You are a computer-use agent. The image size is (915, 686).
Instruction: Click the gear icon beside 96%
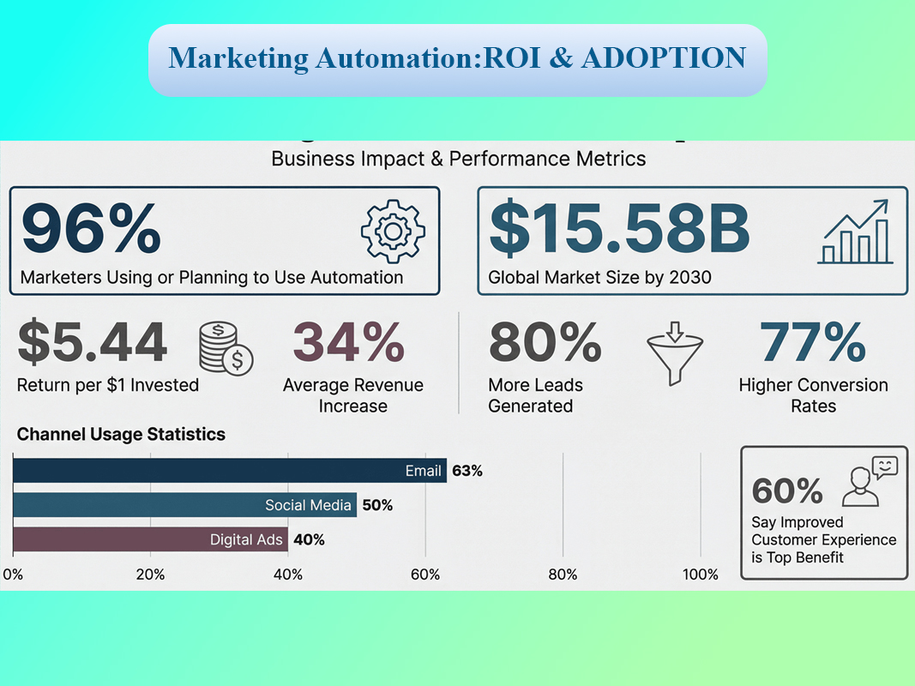[393, 232]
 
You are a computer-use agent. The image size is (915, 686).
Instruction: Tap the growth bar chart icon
[856, 232]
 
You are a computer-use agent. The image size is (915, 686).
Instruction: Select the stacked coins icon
[226, 348]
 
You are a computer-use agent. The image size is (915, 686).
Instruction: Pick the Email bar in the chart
[229, 470]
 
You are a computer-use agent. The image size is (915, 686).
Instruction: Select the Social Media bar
[184, 504]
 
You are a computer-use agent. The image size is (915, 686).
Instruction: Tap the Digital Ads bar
[150, 539]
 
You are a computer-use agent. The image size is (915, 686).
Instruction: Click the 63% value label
[467, 471]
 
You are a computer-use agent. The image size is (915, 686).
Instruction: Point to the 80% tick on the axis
[563, 575]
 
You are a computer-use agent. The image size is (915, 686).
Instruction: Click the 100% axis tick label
[701, 575]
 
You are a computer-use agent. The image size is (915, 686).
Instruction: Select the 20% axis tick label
[151, 575]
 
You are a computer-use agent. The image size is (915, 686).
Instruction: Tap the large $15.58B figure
[620, 228]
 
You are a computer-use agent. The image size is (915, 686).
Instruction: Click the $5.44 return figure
[93, 342]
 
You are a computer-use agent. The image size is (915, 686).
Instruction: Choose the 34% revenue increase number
[349, 342]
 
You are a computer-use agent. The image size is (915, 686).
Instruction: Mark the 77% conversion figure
[813, 342]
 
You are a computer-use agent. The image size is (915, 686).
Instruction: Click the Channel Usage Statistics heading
[121, 434]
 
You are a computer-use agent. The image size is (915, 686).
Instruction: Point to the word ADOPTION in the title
[664, 57]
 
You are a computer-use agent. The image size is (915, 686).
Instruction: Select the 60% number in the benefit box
[787, 490]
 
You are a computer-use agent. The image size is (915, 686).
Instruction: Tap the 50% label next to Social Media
[377, 505]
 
